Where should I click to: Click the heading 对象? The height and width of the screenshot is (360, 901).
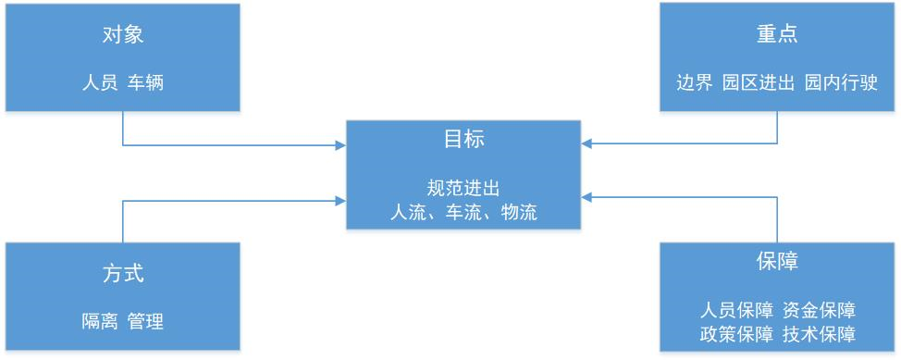pos(123,35)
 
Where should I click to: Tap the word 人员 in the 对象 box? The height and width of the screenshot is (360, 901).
pos(100,82)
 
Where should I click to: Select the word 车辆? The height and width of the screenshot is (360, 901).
pos(146,82)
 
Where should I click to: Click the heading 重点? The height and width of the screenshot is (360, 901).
pos(777,34)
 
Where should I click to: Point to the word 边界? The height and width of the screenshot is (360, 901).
pos(694,82)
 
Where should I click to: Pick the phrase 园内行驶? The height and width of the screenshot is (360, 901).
pos(841,82)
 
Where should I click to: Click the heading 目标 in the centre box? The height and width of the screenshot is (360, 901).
pos(463,140)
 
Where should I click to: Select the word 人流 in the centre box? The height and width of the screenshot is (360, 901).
pos(408,212)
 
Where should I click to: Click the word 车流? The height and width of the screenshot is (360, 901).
pos(463,212)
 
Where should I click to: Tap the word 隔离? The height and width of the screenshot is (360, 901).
pos(100,321)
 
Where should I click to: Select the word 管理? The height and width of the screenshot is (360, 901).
pos(146,321)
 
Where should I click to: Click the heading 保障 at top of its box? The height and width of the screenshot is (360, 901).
pos(777,261)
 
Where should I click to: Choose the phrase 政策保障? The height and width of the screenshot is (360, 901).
pos(737,333)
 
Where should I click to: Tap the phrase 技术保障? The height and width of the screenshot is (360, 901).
pos(818,333)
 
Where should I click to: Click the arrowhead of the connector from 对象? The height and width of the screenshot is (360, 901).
pos(340,144)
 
